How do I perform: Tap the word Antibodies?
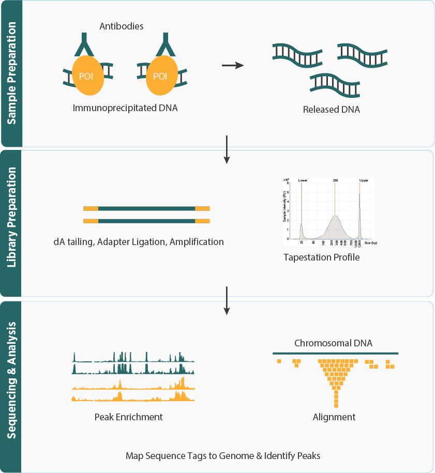(x=122, y=26)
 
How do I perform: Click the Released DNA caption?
(x=332, y=110)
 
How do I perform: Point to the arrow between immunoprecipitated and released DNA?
(x=232, y=65)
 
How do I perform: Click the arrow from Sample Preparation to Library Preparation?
(x=227, y=149)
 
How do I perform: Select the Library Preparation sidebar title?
(x=11, y=223)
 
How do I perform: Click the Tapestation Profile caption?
(x=321, y=257)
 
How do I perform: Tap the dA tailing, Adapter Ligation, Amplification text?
(x=139, y=241)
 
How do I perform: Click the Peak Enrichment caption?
(x=129, y=417)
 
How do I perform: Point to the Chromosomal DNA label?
(x=333, y=343)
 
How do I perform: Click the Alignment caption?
(x=334, y=417)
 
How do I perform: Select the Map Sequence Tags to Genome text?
(x=223, y=456)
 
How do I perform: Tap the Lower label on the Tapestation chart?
(x=303, y=181)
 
